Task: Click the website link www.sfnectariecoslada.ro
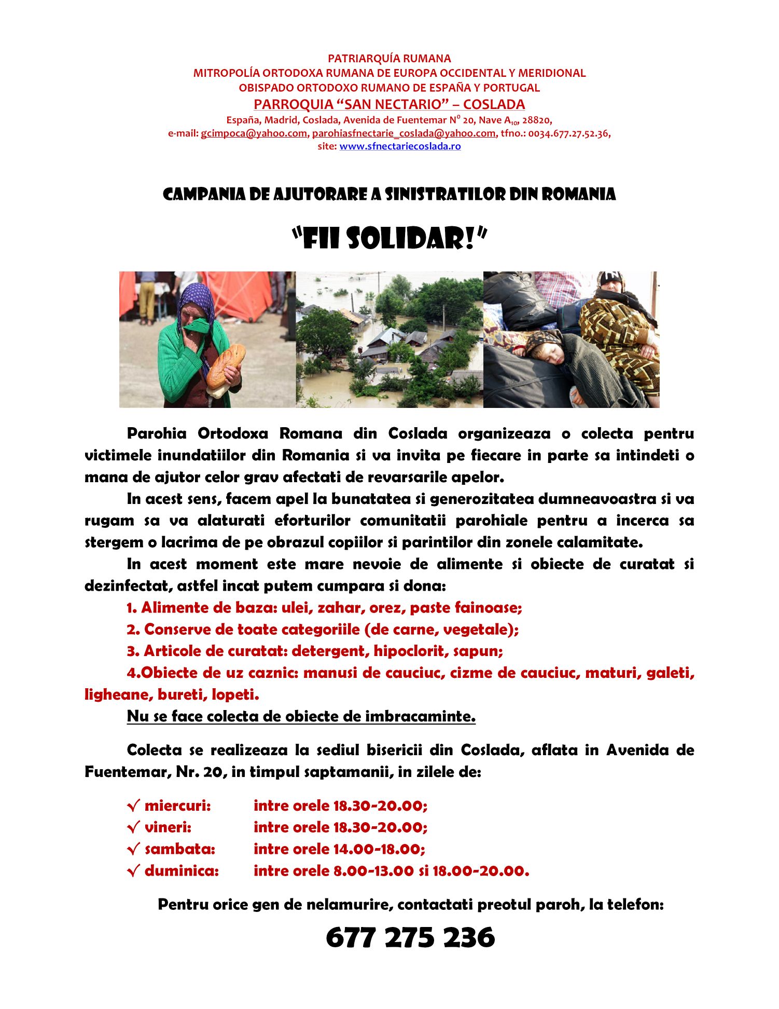400,146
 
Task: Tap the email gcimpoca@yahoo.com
254,133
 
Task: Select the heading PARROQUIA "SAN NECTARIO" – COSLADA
389,104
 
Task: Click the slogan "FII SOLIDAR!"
389,239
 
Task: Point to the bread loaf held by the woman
226,366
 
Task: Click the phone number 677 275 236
410,937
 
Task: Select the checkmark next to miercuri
133,806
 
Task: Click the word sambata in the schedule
179,849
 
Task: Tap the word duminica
182,871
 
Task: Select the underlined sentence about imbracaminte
301,716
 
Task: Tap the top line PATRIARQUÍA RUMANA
389,59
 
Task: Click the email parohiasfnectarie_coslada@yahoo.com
404,133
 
